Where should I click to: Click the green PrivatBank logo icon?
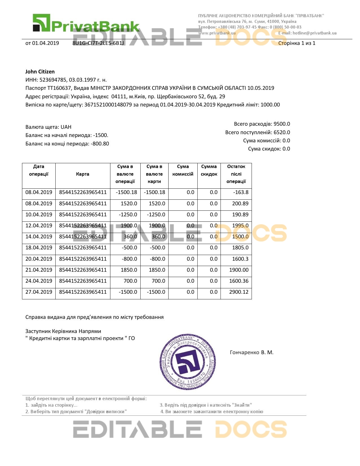click(x=41, y=23)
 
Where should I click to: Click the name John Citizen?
click(x=40, y=72)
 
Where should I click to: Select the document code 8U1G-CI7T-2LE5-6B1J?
click(x=98, y=43)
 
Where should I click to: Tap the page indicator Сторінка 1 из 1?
click(x=296, y=43)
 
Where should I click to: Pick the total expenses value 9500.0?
click(x=282, y=124)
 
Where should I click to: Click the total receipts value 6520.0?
click(x=282, y=132)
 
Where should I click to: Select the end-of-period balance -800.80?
click(x=100, y=144)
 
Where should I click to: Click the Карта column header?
click(x=82, y=174)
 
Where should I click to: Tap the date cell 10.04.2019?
click(x=39, y=215)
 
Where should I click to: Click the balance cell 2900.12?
click(x=239, y=292)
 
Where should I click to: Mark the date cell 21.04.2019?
click(x=39, y=270)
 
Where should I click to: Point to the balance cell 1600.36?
click(x=239, y=281)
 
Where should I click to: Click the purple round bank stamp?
click(x=188, y=362)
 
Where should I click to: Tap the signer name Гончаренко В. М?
click(x=252, y=352)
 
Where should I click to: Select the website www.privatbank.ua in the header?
click(x=217, y=33)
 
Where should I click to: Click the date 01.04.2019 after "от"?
click(x=45, y=43)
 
